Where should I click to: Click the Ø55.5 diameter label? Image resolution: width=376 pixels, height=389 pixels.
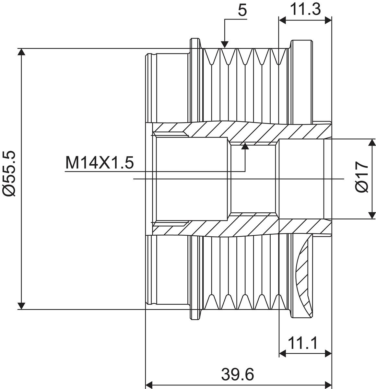tap(9, 173)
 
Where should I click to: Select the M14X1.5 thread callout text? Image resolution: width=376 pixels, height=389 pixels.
tap(99, 163)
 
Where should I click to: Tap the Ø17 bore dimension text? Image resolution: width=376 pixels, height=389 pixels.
tap(362, 177)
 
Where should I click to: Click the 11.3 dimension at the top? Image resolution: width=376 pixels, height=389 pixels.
tap(305, 9)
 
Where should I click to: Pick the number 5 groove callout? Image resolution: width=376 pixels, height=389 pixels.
tap(242, 11)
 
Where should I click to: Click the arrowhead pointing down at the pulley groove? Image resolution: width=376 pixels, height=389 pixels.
tap(225, 44)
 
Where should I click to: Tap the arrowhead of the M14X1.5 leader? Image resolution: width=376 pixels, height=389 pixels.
tap(245, 146)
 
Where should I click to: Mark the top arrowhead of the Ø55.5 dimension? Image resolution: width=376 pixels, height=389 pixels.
tap(21, 52)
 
